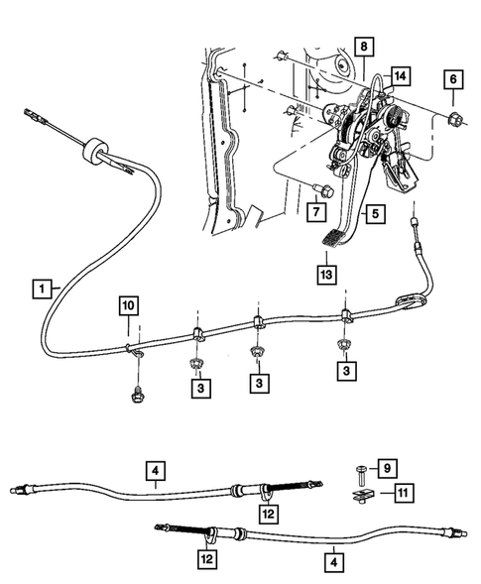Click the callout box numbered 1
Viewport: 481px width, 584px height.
point(42,289)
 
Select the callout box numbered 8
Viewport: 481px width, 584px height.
point(363,47)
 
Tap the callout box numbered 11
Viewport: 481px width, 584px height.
point(402,492)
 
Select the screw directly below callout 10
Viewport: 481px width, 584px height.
point(135,396)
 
